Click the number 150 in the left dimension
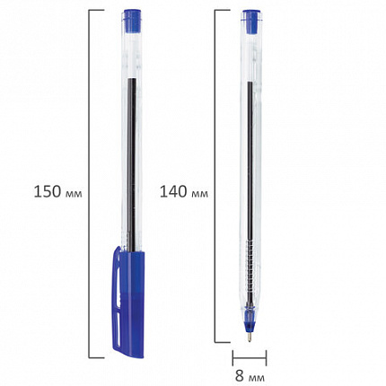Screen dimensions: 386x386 click(x=48, y=192)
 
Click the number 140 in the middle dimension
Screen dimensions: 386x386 click(x=173, y=192)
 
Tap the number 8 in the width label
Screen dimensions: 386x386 click(x=240, y=375)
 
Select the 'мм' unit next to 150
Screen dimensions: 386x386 click(x=74, y=194)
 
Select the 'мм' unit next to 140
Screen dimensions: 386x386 click(x=199, y=194)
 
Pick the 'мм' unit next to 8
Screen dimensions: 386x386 click(x=256, y=378)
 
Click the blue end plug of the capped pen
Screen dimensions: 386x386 click(x=132, y=21)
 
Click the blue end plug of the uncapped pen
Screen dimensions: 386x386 click(x=251, y=22)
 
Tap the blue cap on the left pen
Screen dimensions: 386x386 click(x=128, y=303)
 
